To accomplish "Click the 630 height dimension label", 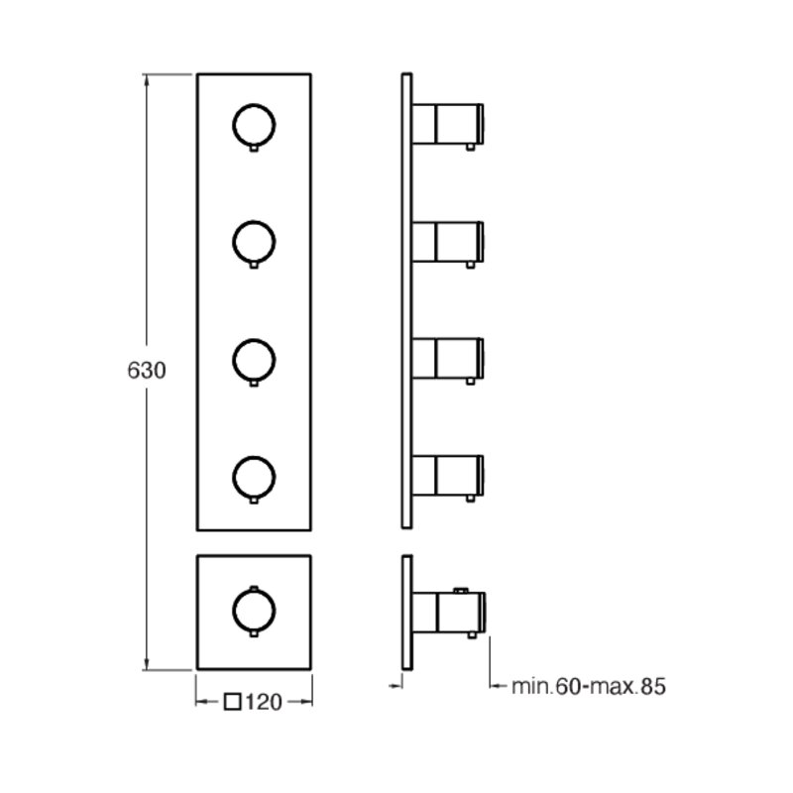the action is (x=146, y=371).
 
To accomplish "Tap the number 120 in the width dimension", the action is (x=264, y=702).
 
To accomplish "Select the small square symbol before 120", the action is (x=232, y=702).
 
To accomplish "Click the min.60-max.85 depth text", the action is (x=589, y=686).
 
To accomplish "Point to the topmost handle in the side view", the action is (x=448, y=125).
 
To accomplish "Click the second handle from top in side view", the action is (x=448, y=242).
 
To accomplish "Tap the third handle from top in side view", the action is (x=448, y=359).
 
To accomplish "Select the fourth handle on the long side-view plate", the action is (x=448, y=476).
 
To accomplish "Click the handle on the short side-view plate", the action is (x=449, y=613).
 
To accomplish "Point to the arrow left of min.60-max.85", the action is (x=498, y=686).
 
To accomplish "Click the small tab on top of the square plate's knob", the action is (x=254, y=588).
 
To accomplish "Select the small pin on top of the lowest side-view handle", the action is (x=461, y=590).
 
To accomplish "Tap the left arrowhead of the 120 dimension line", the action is (x=202, y=702).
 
